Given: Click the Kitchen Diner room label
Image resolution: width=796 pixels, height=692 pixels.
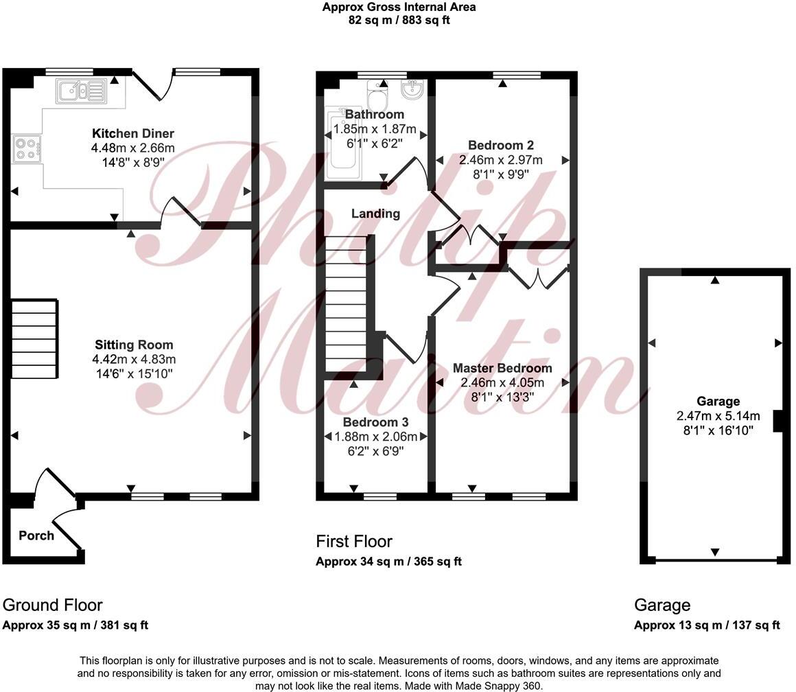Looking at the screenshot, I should pos(133,133).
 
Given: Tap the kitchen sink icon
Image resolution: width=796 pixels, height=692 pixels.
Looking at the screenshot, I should pos(81,90).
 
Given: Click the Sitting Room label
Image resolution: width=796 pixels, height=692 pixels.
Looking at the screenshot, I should pos(134,345).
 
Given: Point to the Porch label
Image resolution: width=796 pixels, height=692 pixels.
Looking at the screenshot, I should pos(36,535).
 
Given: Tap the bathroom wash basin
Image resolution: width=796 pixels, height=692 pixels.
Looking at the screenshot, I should pos(414,89).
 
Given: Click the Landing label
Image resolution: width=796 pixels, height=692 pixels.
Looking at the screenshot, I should pos(375,214).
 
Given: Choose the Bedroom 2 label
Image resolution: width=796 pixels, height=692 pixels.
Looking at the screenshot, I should pos(500,146).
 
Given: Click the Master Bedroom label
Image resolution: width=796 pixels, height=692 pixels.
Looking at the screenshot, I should pos(502,369).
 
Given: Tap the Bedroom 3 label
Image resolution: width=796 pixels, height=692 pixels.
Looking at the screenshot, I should pos(375,422).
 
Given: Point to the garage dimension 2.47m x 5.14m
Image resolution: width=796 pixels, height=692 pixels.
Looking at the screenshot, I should pos(718,416).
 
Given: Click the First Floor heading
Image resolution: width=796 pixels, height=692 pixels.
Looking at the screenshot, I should pos(354,542).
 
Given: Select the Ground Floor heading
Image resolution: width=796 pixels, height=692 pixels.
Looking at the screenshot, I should pos(53,605).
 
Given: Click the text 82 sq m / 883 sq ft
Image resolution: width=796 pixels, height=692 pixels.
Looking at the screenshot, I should pos(399,20).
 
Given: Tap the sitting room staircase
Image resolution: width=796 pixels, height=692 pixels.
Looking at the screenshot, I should pos(34,338).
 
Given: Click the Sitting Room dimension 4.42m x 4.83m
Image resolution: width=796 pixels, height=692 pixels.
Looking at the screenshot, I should pos(134,359).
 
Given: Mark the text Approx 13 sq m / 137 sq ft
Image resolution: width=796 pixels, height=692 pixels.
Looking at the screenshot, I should pos(707,625).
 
